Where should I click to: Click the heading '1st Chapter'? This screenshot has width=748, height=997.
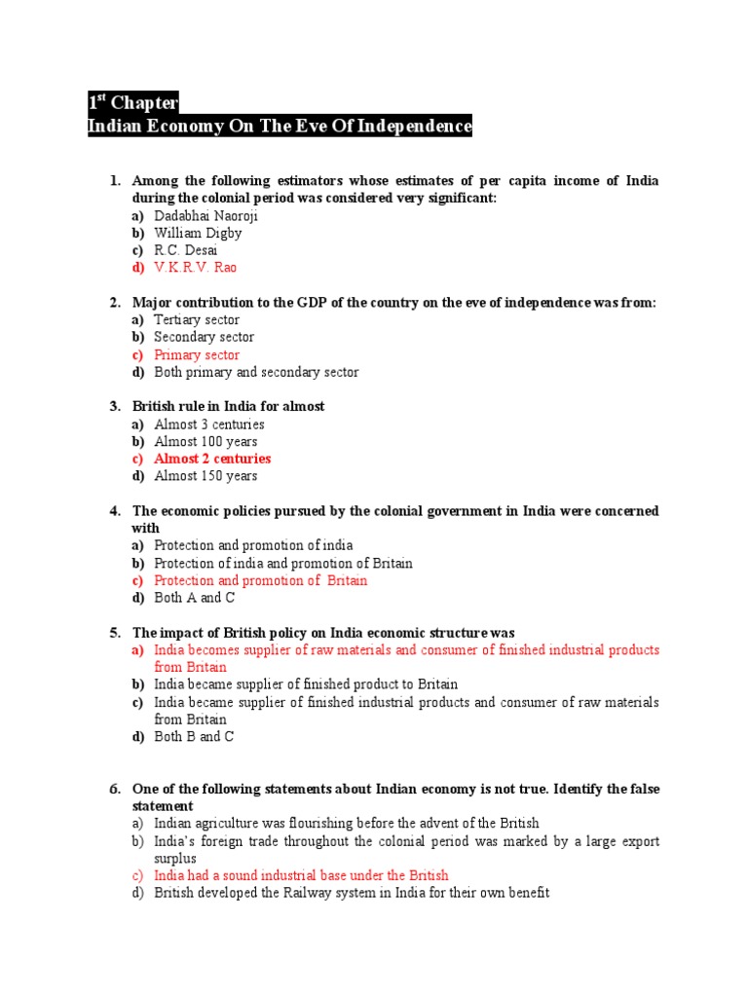tap(133, 103)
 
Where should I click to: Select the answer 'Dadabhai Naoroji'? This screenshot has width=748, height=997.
tap(206, 215)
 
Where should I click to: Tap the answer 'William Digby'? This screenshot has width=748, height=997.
tap(198, 233)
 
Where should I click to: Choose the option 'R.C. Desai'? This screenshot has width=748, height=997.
tap(185, 250)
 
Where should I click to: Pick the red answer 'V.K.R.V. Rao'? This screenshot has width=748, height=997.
tap(195, 268)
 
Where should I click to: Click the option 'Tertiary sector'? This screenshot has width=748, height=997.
tap(196, 319)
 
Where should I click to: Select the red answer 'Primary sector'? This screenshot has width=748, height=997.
tap(196, 354)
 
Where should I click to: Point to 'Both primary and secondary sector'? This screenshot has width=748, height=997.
tap(256, 372)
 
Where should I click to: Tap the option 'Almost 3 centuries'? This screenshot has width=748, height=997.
tap(208, 424)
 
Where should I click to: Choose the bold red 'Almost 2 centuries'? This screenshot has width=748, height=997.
tap(212, 459)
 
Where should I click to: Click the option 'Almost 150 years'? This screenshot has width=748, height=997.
tap(206, 476)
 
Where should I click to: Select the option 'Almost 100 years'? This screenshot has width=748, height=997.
tap(206, 441)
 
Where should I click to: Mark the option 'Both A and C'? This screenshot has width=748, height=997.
tap(194, 598)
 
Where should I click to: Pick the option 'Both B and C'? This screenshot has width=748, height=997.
tap(194, 737)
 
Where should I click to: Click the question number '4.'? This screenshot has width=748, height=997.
tap(114, 511)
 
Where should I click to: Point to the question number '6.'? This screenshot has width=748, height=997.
tap(114, 789)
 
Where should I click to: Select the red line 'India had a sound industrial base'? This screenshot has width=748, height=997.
tap(301, 875)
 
